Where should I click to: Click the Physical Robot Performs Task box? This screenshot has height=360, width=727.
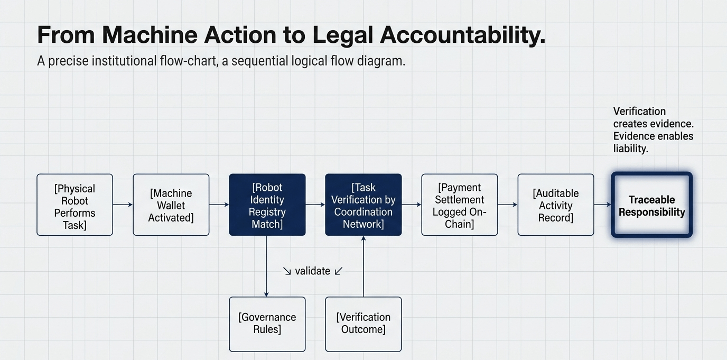coord(74,205)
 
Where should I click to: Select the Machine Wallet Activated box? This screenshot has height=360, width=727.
coord(171,205)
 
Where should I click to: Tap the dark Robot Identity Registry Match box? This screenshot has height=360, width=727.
coord(267,205)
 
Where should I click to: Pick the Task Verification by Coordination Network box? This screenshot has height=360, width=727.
coord(363,205)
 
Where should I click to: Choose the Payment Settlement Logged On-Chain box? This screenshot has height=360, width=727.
coord(459,205)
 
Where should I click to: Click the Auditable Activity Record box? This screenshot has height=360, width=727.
coord(555,205)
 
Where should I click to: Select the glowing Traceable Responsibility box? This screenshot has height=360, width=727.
coord(651,205)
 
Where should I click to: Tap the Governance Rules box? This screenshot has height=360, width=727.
coord(267,324)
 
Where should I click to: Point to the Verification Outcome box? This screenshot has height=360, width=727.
coord(363,324)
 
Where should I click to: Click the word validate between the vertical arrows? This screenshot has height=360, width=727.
coord(312,271)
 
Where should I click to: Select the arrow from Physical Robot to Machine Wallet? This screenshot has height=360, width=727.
coord(123,204)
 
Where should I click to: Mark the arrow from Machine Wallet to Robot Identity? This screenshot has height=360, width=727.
coord(219,204)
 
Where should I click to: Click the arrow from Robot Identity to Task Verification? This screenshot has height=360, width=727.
coord(315,204)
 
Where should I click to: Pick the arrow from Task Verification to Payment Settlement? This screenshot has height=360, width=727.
coord(411,204)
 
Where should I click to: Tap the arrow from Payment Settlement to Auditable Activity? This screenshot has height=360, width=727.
coord(507,204)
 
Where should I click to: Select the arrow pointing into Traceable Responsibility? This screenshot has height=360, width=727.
coord(602,204)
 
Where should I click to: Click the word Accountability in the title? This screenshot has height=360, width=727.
coord(462,35)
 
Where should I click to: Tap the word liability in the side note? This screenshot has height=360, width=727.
coord(630,149)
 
